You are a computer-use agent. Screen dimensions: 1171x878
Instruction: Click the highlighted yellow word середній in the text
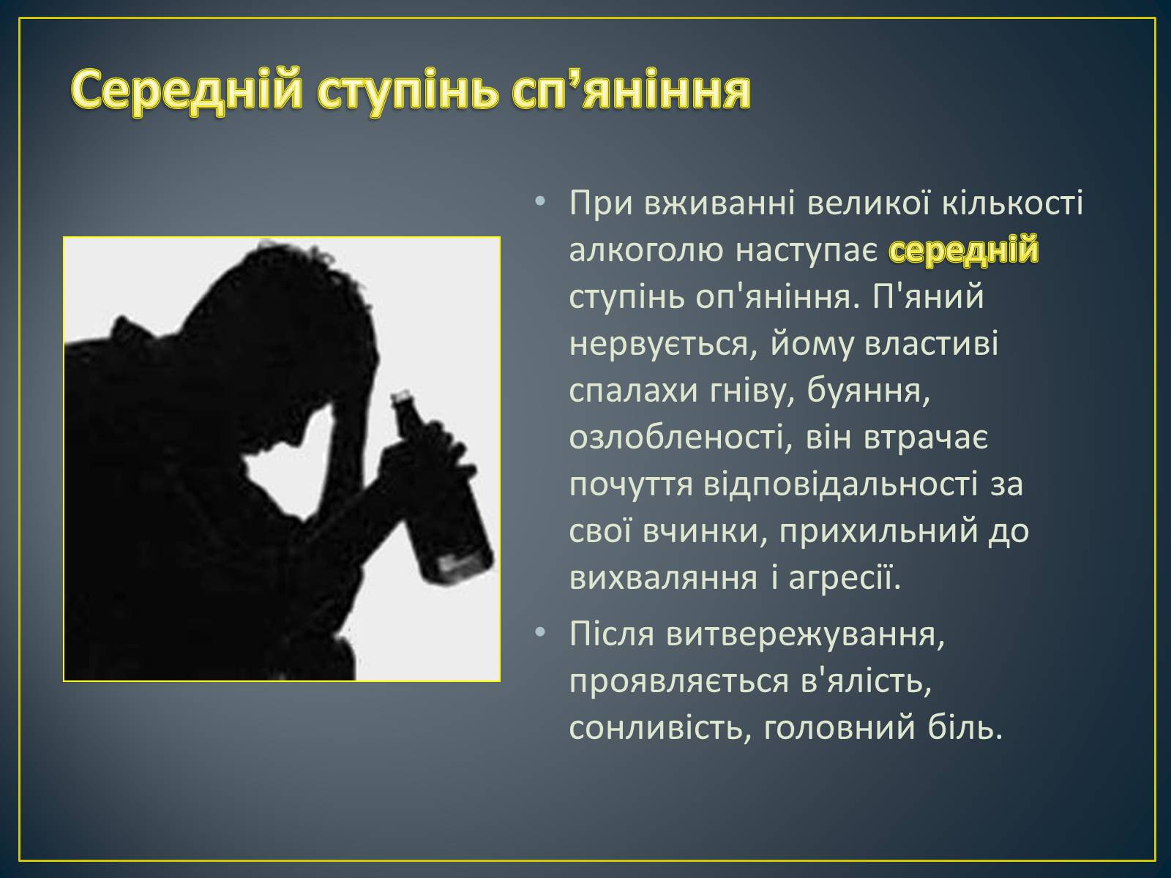[963, 249]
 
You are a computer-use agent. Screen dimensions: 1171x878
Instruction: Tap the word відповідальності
[841, 484]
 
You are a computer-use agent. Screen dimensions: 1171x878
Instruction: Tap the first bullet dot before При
[540, 203]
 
